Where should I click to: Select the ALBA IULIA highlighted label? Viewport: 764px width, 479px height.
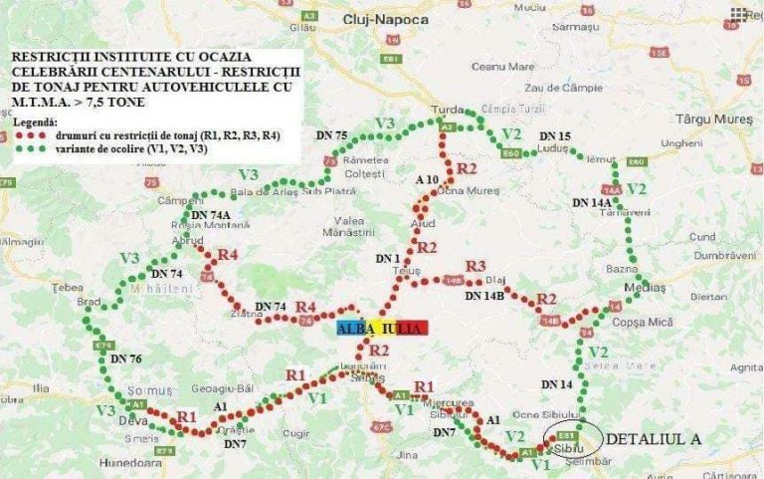point(381,328)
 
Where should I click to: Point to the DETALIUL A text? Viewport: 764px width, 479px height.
point(654,438)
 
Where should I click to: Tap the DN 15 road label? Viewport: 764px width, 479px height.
point(555,135)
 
